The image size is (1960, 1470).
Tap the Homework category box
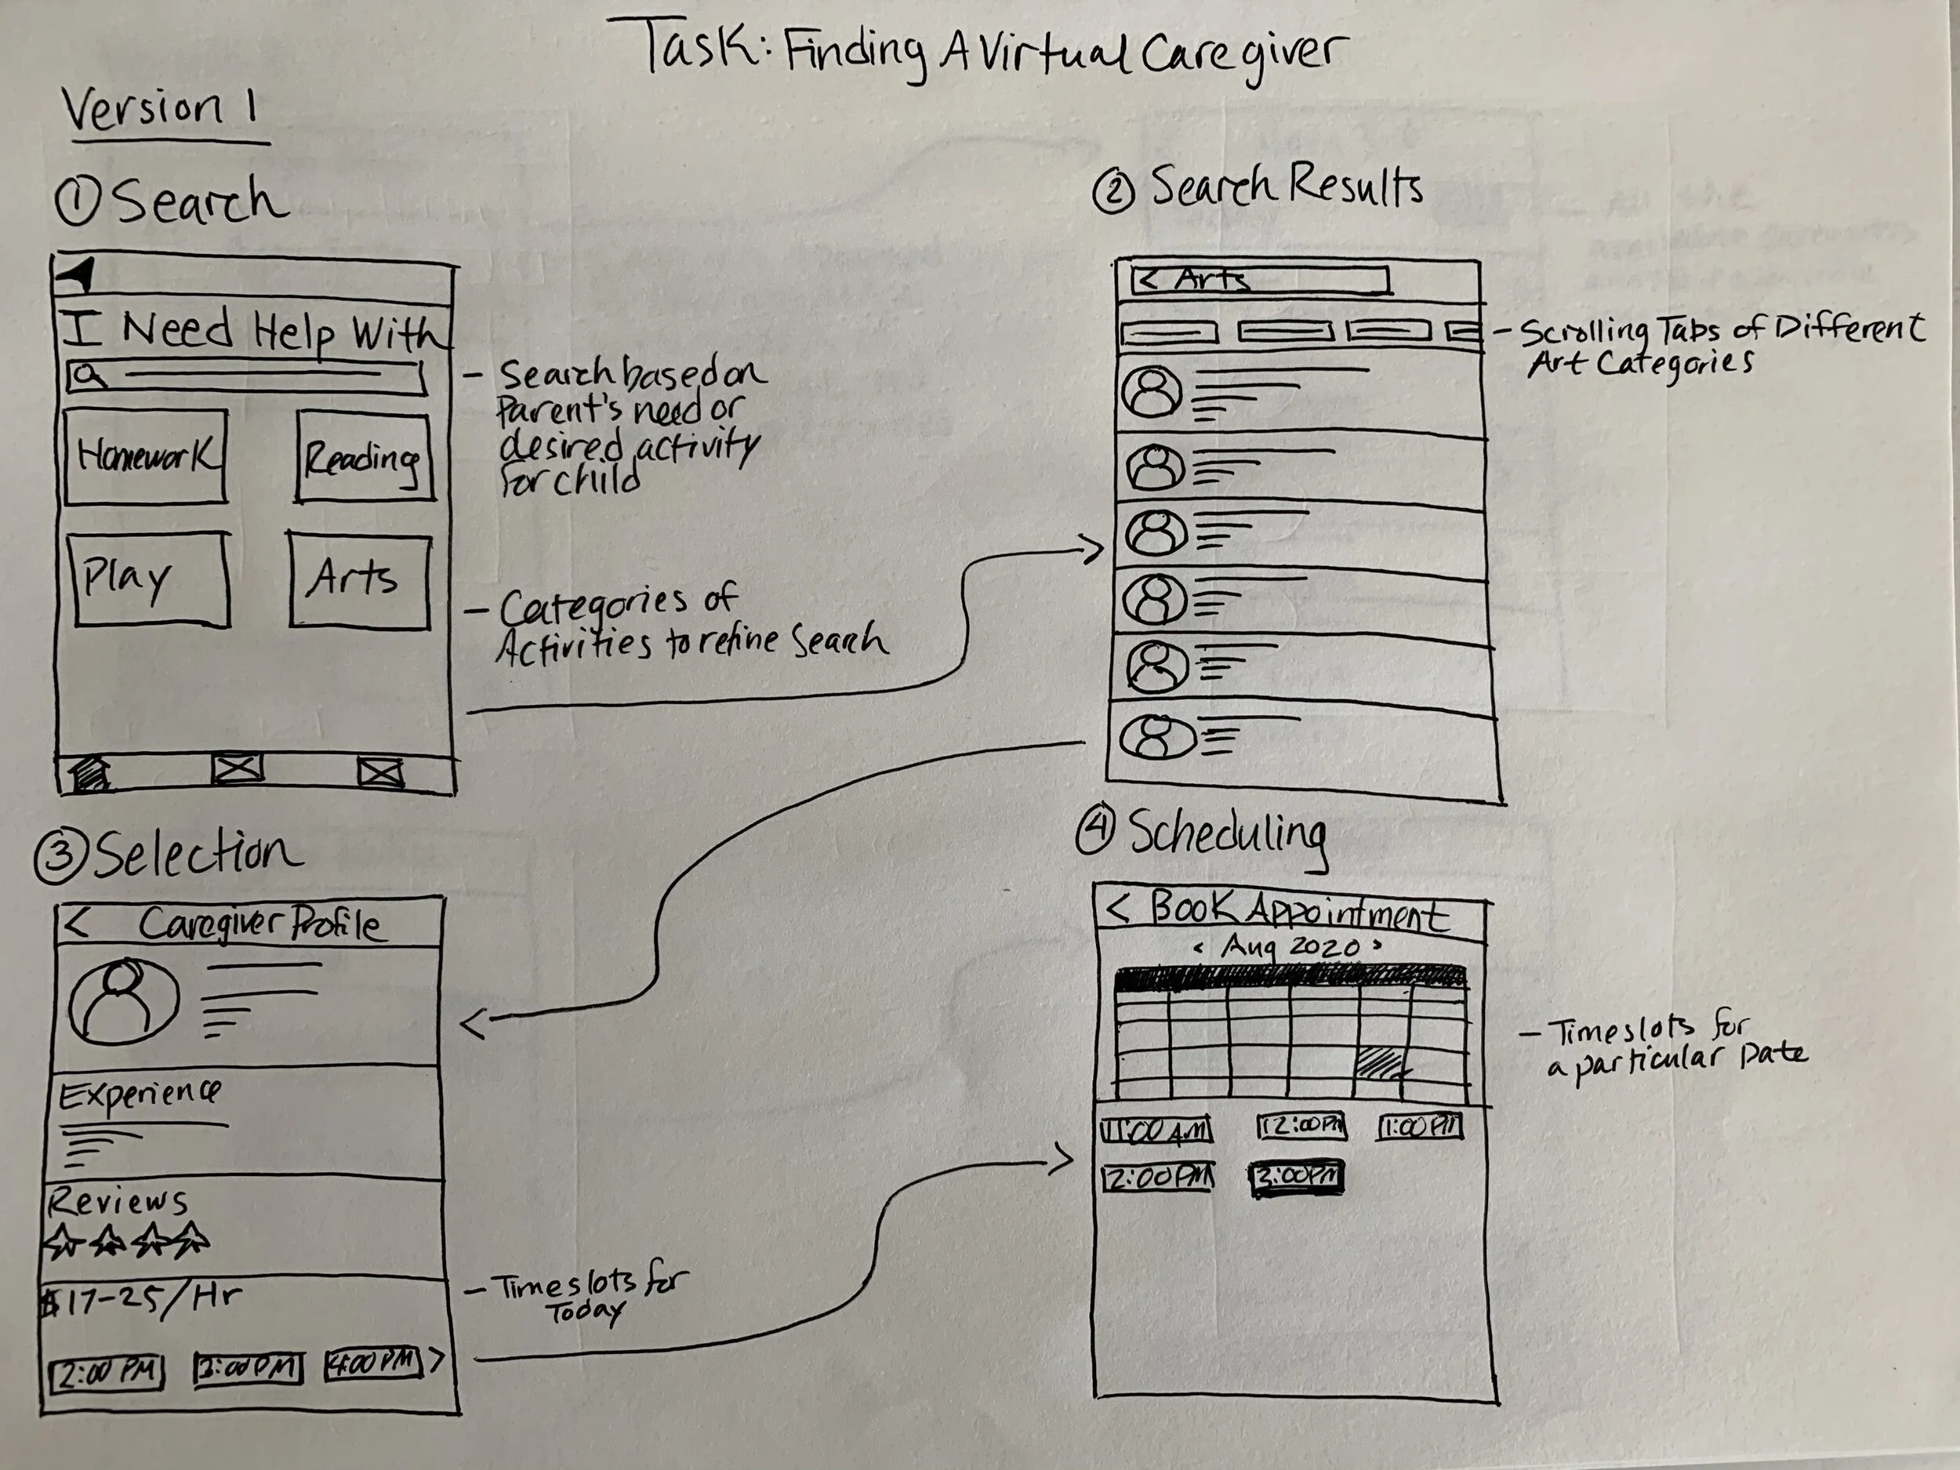click(145, 457)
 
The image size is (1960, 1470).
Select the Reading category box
click(365, 458)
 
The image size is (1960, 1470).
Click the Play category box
click(149, 579)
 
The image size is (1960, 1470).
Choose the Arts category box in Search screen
click(359, 580)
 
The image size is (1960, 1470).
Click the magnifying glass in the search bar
click(89, 376)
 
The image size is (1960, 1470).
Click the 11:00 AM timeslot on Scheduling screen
click(1156, 1131)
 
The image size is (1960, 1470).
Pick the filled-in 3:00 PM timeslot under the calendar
click(1296, 1178)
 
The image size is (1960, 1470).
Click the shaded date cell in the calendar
click(1381, 1062)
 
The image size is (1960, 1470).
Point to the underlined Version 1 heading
click(159, 111)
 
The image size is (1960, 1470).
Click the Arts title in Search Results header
click(1212, 280)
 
